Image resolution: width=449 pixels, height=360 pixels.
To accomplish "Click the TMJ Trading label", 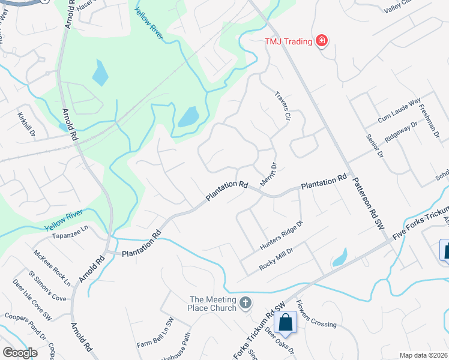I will (x=289, y=41).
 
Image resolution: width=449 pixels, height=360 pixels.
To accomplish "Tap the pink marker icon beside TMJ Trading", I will (x=322, y=41).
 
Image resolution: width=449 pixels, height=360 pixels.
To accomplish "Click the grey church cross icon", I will (x=246, y=302).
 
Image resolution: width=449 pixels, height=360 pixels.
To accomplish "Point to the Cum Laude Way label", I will (x=399, y=112).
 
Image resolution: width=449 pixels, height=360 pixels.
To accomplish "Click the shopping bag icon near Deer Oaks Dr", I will (x=285, y=322).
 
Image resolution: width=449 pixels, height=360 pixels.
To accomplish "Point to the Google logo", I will (x=20, y=353).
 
